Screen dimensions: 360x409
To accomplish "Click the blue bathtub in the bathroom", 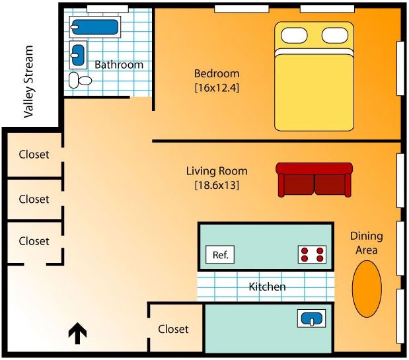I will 94,28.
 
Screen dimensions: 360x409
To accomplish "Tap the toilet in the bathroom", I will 80,79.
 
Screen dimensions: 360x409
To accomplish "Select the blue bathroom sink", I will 78,52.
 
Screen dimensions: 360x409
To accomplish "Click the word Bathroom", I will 119,65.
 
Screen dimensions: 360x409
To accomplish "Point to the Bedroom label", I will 216,73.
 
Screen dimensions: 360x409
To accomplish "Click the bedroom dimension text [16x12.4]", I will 216,87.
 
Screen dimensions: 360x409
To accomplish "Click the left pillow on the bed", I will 294,36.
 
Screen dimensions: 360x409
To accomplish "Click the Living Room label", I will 216,171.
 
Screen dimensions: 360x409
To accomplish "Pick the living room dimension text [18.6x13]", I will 216,186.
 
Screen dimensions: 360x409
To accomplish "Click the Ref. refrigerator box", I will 221,255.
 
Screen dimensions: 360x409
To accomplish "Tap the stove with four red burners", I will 313,254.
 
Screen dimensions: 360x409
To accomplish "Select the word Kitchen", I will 267,287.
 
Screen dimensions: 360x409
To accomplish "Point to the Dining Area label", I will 363,243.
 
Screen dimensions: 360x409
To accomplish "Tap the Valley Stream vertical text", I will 28,82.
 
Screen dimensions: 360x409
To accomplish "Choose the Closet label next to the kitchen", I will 173,329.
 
